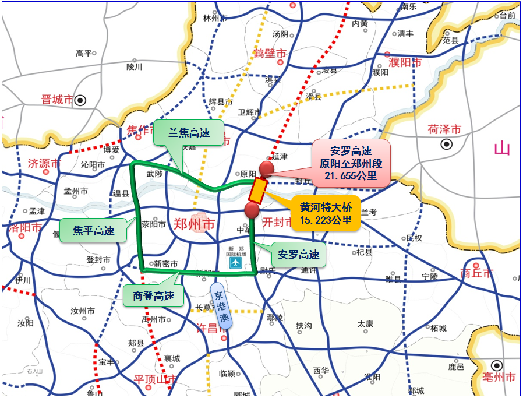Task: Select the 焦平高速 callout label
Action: [93, 230]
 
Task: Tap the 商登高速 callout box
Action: [154, 295]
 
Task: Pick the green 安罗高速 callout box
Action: [299, 255]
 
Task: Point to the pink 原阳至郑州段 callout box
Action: [350, 163]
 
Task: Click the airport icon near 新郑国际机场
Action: [235, 263]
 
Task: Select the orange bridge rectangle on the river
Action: [257, 191]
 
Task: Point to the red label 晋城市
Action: [56, 100]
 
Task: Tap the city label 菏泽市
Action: [444, 129]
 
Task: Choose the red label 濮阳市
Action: [404, 62]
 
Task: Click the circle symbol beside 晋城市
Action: [80, 100]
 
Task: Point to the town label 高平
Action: [84, 54]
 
